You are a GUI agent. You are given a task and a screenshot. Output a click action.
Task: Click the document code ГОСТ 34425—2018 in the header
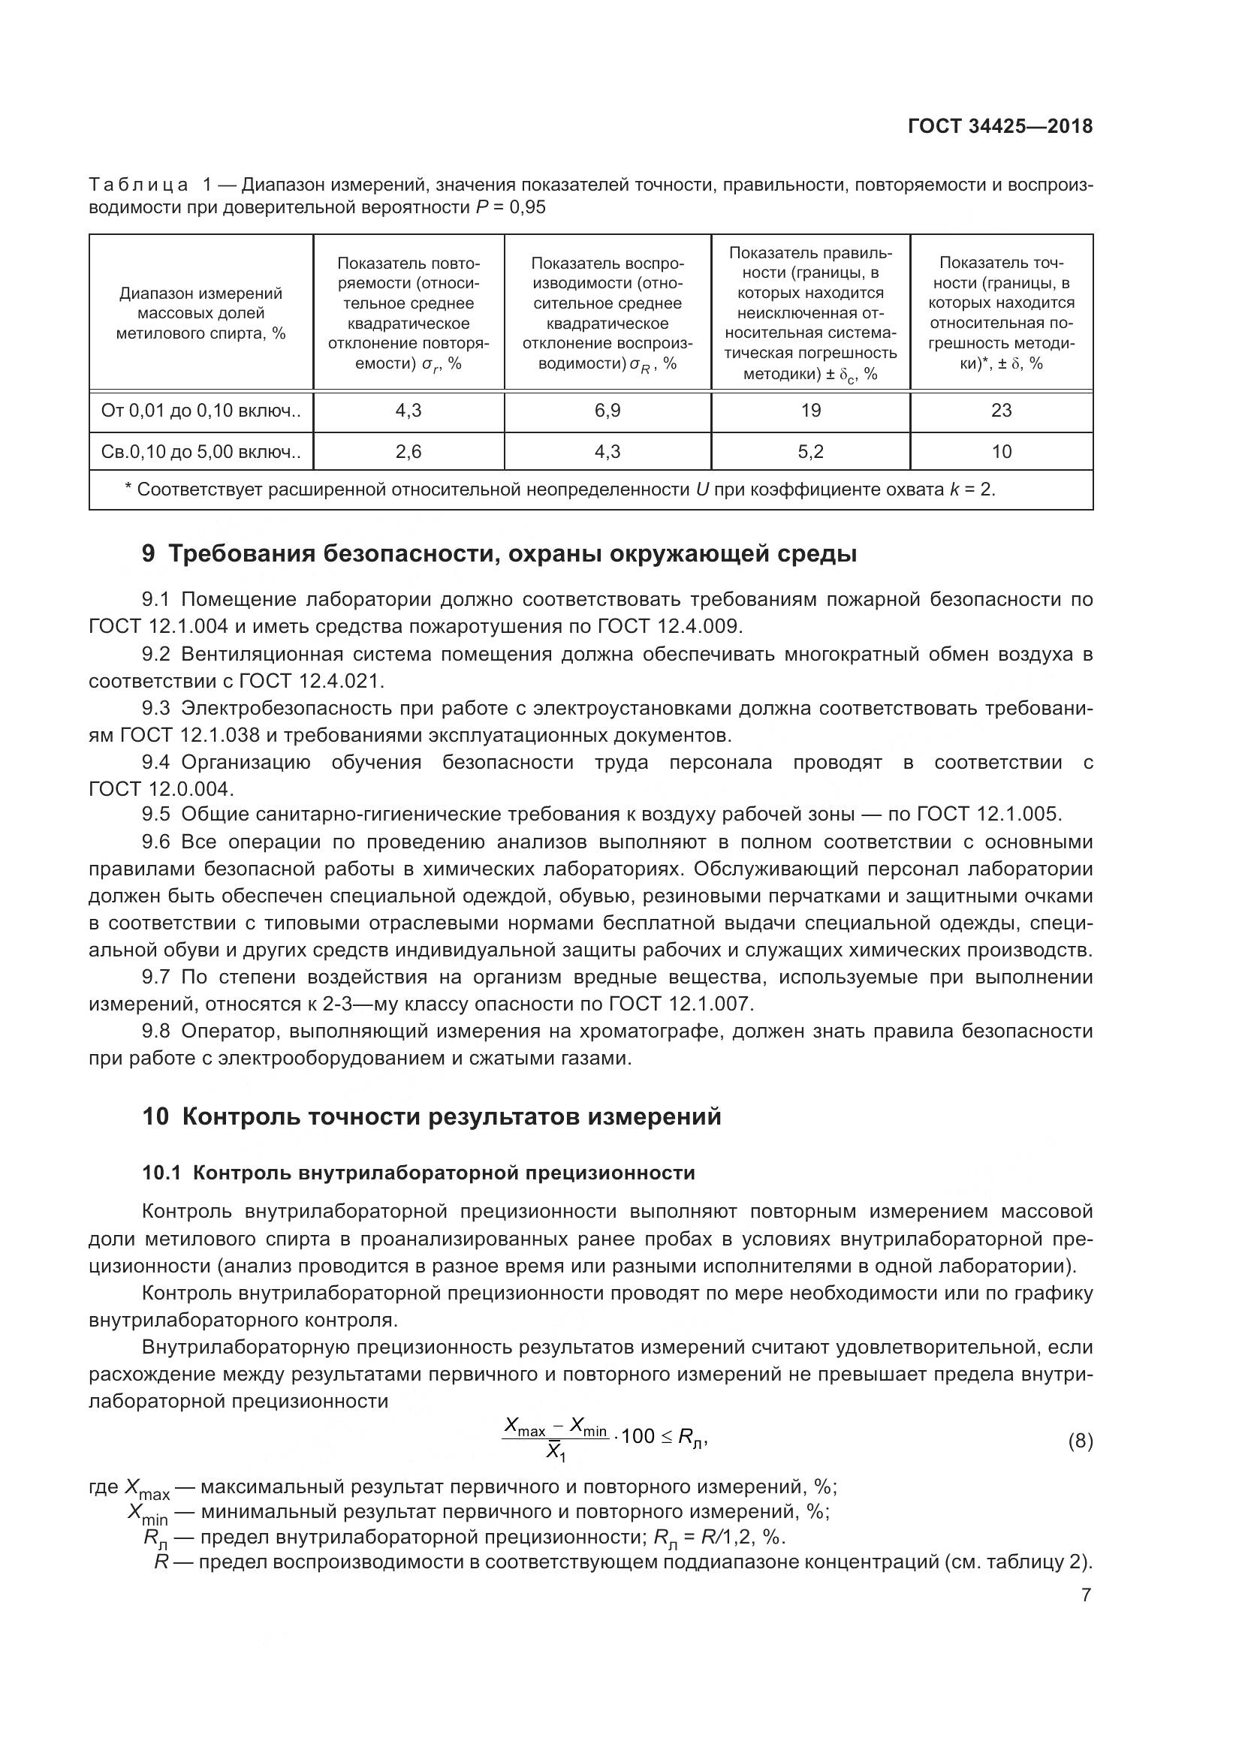999,126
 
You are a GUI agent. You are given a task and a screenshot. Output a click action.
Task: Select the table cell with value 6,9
607,411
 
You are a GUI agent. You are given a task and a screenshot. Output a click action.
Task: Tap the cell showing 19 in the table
811,411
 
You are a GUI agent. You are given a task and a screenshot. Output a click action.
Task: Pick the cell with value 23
1001,411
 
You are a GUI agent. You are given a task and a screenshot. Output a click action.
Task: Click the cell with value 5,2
811,452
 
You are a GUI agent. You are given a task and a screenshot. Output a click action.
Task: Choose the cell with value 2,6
408,452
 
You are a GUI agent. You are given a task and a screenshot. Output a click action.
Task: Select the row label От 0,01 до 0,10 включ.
200,411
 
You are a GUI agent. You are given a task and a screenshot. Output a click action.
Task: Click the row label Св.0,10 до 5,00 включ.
200,452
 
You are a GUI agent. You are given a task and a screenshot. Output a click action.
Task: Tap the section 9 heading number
149,554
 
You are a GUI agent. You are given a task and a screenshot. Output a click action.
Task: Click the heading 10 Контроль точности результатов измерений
431,1116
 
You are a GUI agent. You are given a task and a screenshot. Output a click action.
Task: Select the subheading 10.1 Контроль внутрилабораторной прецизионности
418,1173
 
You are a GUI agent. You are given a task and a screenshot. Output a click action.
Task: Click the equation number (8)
1080,1441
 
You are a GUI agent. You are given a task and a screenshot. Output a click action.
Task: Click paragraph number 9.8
155,1031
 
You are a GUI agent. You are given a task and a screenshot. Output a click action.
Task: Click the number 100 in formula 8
638,1436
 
